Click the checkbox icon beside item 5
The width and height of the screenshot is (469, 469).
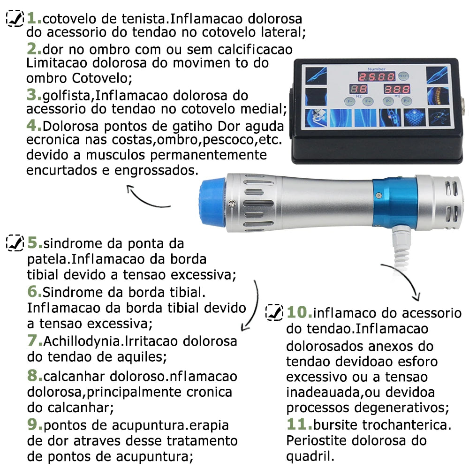pos(15,242)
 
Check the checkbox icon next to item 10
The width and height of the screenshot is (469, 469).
pos(274,312)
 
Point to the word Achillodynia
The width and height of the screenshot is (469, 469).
pos(81,341)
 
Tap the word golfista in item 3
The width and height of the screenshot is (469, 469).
pos(68,96)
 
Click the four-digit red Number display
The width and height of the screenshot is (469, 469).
pos(377,76)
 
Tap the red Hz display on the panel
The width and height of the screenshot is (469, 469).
pos(358,89)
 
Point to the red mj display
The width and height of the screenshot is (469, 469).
pos(397,89)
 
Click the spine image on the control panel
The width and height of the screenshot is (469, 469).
pos(438,96)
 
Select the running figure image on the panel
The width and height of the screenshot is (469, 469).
pos(439,117)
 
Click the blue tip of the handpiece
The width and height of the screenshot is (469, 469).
pos(212,202)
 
